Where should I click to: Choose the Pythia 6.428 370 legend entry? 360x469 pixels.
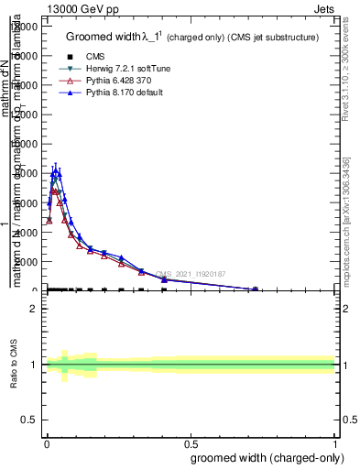coord(105,82)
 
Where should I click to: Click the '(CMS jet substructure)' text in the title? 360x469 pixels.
coord(267,38)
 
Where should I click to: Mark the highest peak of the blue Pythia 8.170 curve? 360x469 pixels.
coord(57,170)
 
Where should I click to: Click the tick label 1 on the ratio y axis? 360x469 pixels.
coord(34,365)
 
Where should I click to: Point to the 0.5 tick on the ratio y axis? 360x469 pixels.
coord(29,420)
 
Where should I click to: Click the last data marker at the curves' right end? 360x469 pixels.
coord(256,289)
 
